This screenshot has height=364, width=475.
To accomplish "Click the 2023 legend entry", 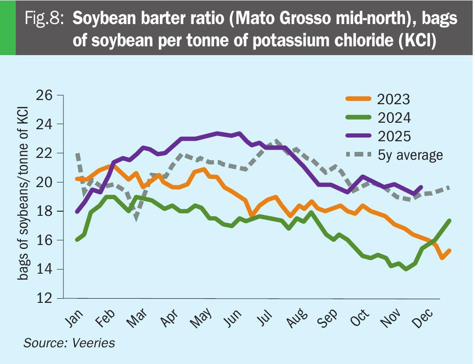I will pos(394,100).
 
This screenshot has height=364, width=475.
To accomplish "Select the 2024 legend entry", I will pos(394,118).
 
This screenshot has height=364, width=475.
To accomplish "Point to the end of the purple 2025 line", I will pos(421,187).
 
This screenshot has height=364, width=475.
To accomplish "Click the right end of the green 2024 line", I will pos(450,220).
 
